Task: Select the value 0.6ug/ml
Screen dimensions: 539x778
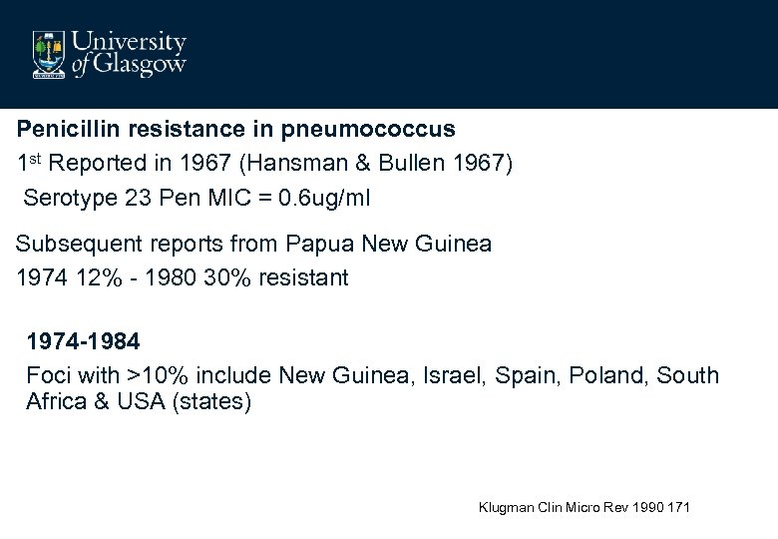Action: click(x=316, y=197)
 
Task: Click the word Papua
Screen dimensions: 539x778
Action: click(x=317, y=244)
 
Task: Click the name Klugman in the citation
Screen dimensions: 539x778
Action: click(x=507, y=508)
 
